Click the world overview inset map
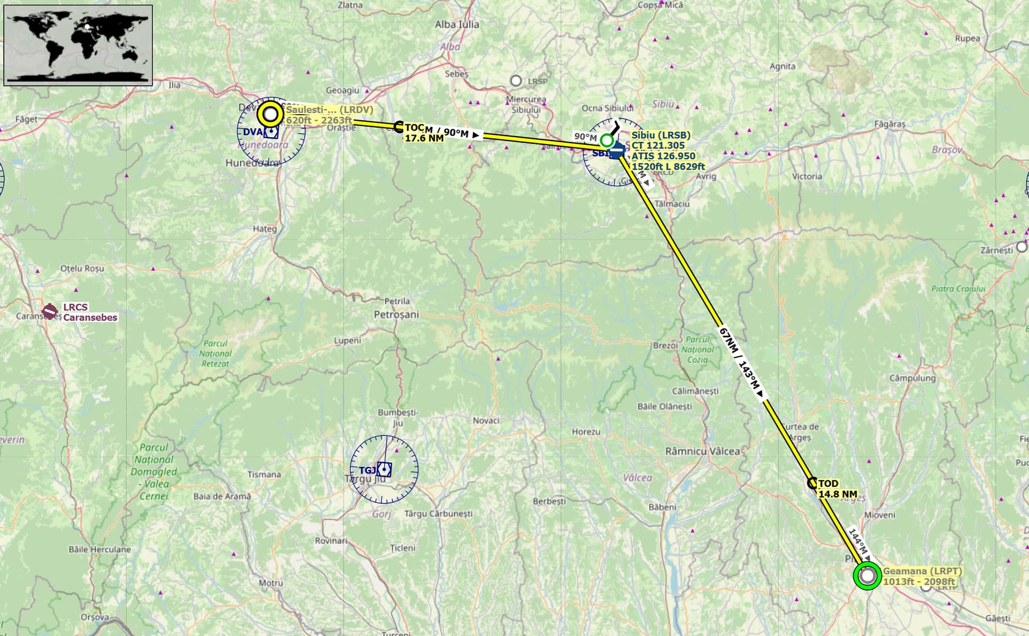(78, 45)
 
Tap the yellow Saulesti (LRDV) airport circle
(271, 114)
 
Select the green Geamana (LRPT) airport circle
(867, 576)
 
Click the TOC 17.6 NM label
(423, 133)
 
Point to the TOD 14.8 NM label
(837, 489)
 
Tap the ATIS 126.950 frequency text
(663, 156)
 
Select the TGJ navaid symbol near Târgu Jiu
(384, 470)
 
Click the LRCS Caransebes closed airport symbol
(50, 310)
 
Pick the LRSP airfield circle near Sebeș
(516, 81)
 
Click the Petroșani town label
(396, 315)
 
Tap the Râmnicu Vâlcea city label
(702, 452)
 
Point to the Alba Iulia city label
(457, 24)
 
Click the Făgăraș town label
(890, 124)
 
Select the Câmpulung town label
(912, 378)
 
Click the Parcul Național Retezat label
(215, 353)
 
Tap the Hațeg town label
(265, 228)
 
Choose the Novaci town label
(486, 420)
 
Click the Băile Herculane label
(100, 550)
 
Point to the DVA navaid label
(252, 132)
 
